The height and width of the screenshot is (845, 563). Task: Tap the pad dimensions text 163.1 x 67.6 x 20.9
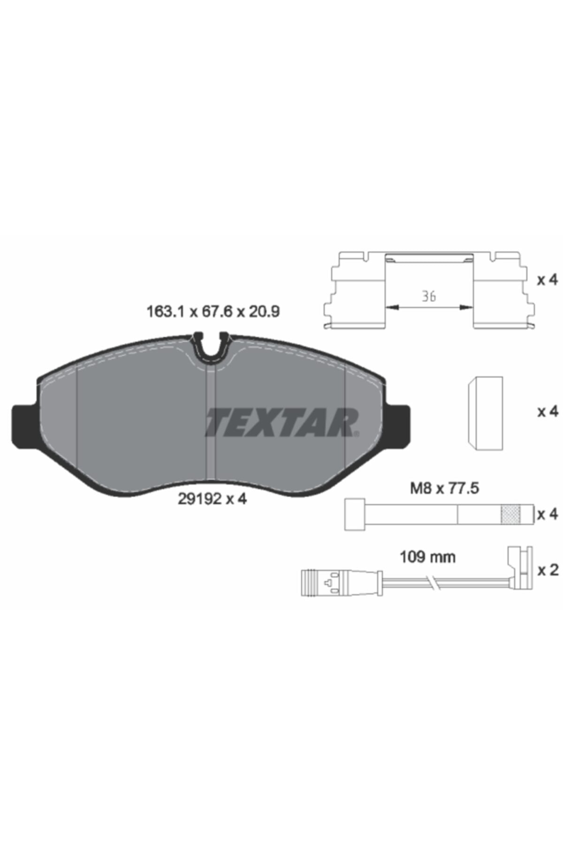pos(213,311)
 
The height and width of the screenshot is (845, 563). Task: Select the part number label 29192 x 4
pos(212,499)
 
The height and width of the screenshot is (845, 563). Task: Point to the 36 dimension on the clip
pos(428,296)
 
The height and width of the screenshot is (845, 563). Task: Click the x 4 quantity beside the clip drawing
pos(548,280)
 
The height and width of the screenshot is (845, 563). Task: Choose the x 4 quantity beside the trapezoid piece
pos(548,412)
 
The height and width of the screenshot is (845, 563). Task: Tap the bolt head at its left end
pos(354,515)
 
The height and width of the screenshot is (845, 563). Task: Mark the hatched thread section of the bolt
pos(511,515)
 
